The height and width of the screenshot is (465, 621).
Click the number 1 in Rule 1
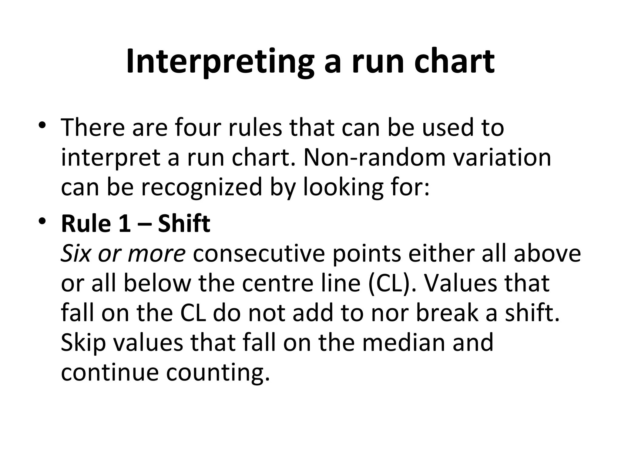click(x=124, y=224)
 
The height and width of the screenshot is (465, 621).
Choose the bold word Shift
click(x=184, y=224)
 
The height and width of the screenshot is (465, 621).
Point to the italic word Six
click(x=76, y=253)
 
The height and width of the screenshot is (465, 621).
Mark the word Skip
click(x=83, y=342)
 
